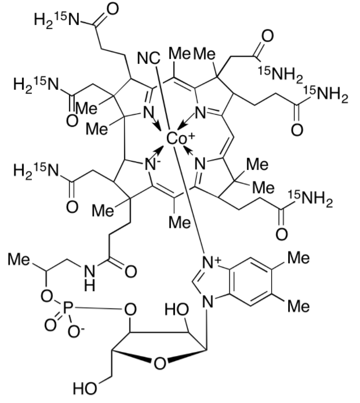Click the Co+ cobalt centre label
pos(180,138)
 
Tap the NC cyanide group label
pos(148,59)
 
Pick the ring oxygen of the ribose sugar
pos(160,364)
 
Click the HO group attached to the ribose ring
pos(177,309)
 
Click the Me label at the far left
pos(19,259)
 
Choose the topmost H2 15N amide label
pos(57,19)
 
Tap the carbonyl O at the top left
pos(112,9)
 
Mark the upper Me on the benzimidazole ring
pos(299,257)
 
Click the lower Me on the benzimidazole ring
pos(299,306)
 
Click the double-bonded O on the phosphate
pos(50,325)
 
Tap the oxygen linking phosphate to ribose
pos(130,310)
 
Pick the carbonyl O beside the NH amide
pos(130,272)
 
